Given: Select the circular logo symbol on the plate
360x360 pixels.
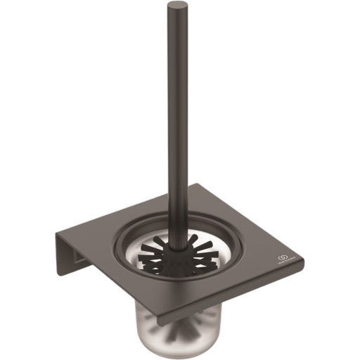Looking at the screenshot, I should [284, 259].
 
